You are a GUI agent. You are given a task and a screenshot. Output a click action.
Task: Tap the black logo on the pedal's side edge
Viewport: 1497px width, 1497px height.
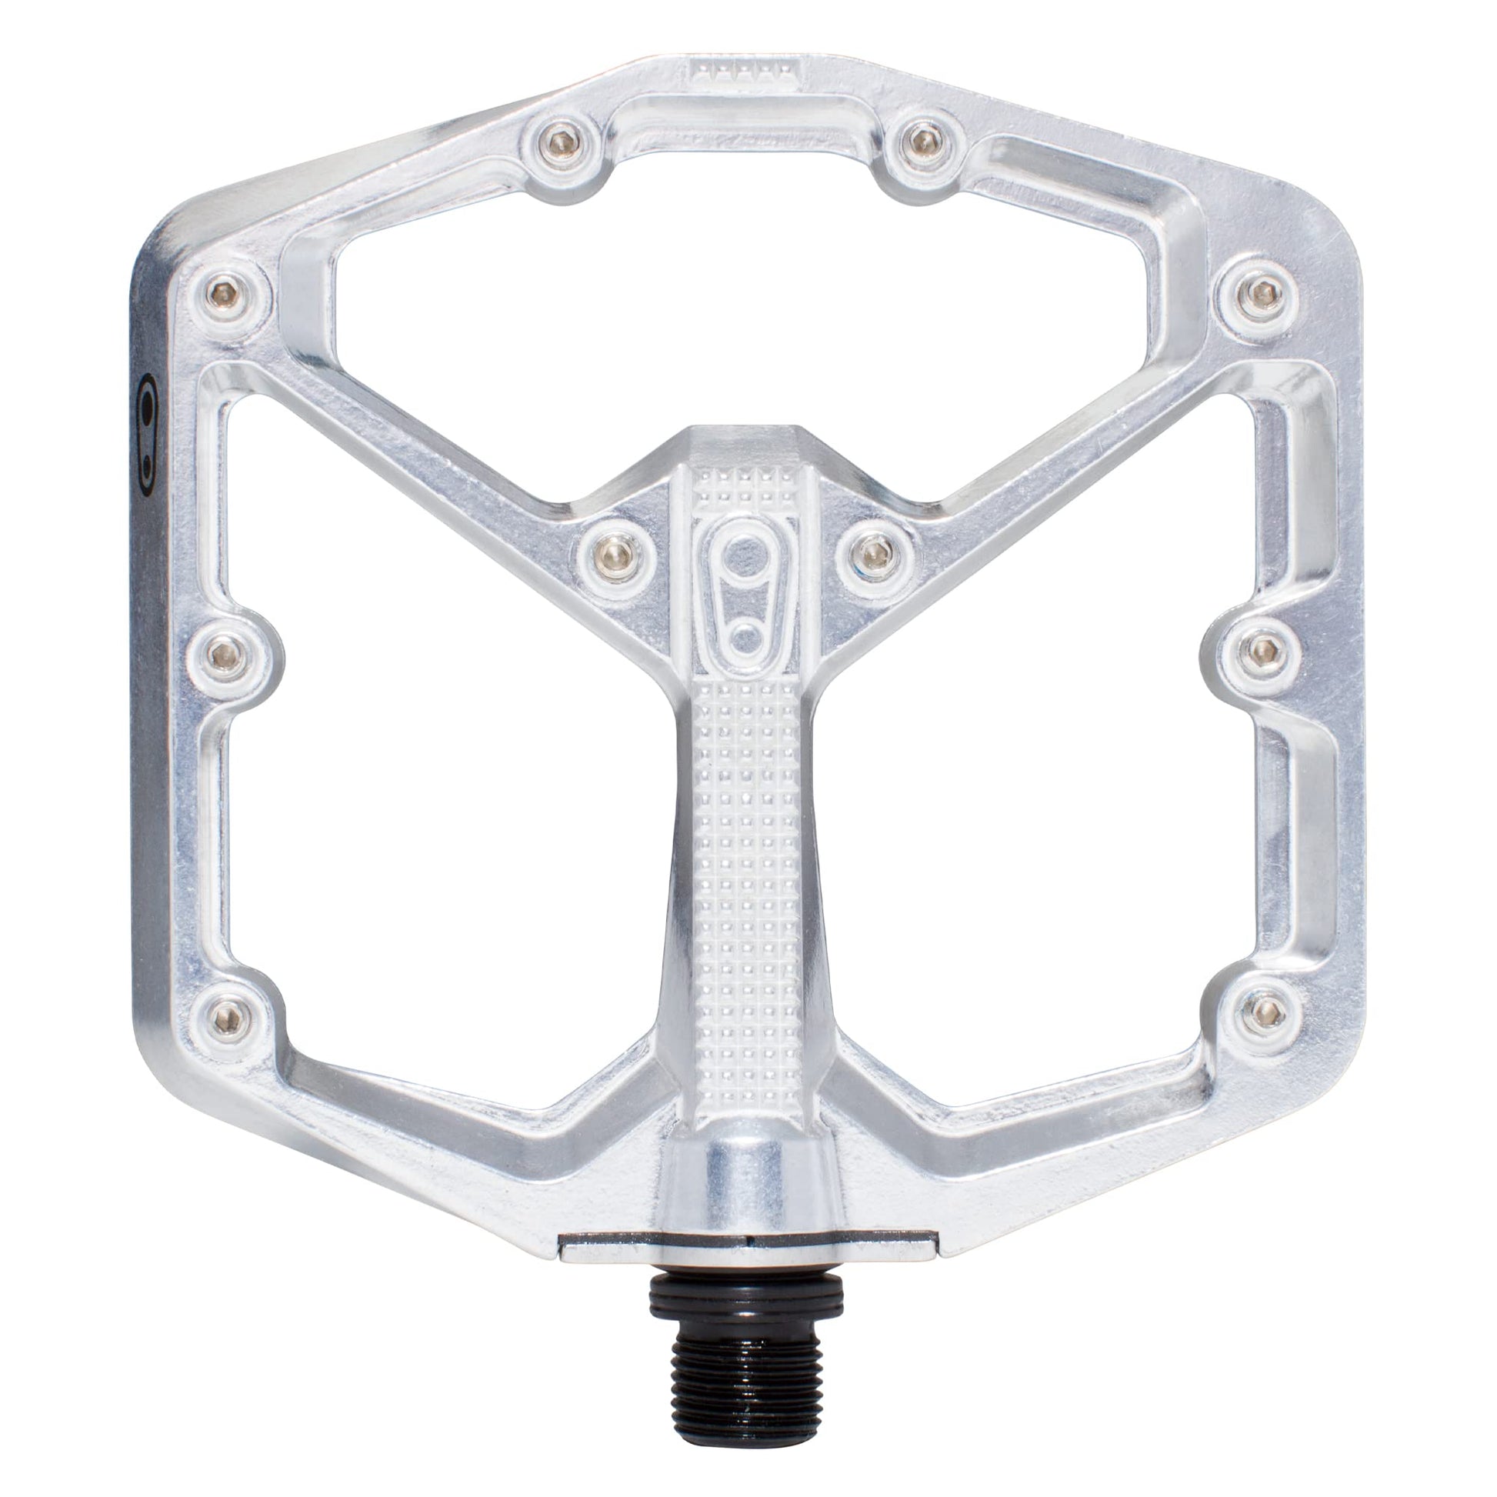tap(147, 434)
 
